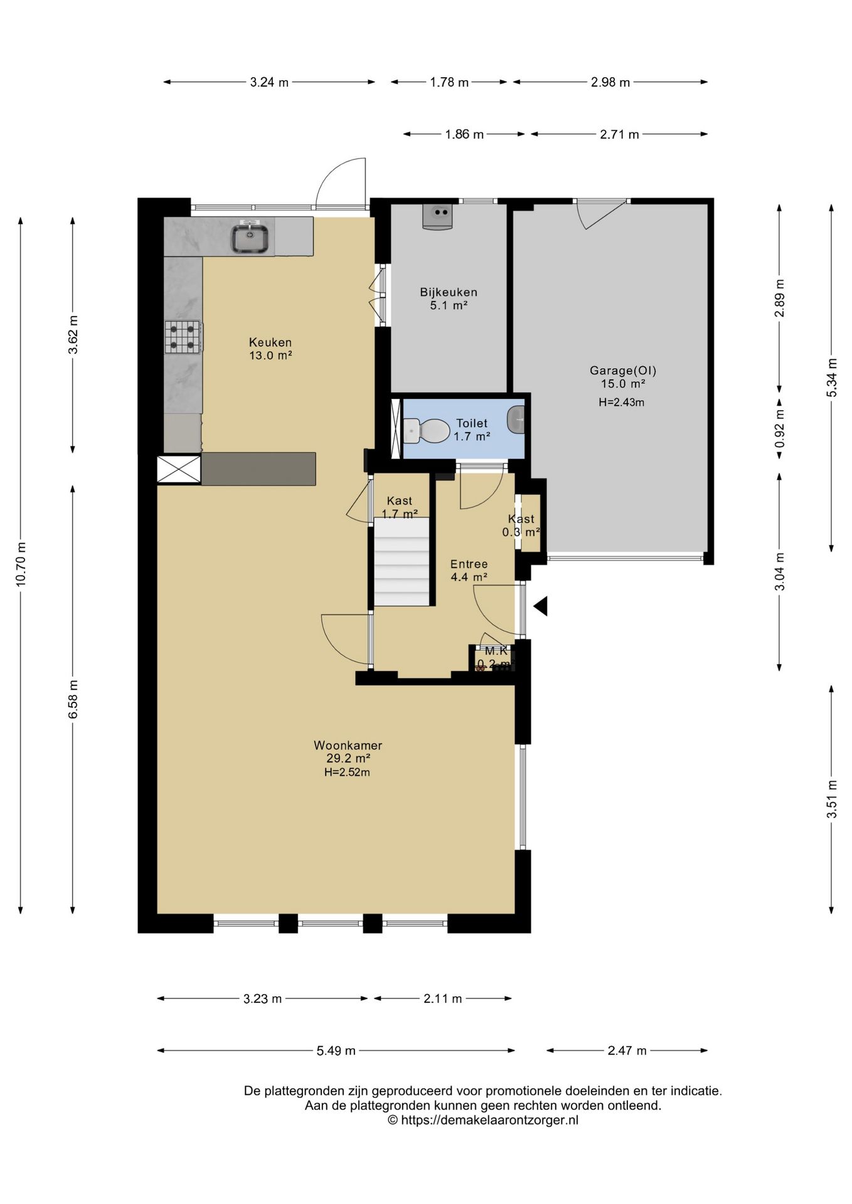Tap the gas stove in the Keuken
pos(183,337)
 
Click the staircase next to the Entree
pos(402,561)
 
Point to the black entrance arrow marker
pos(540,606)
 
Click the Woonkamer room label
pos(348,746)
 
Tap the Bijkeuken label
pos(449,292)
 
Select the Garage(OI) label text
pos(622,371)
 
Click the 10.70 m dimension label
pos(21,564)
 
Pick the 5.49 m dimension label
pos(336,1051)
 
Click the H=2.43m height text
pos(621,403)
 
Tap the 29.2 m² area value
pos(348,759)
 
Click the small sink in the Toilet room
pos(516,419)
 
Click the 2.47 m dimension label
pos(627,1051)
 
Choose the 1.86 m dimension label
pos(464,134)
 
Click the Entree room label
pos(469,564)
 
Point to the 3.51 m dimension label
pos(832,799)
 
